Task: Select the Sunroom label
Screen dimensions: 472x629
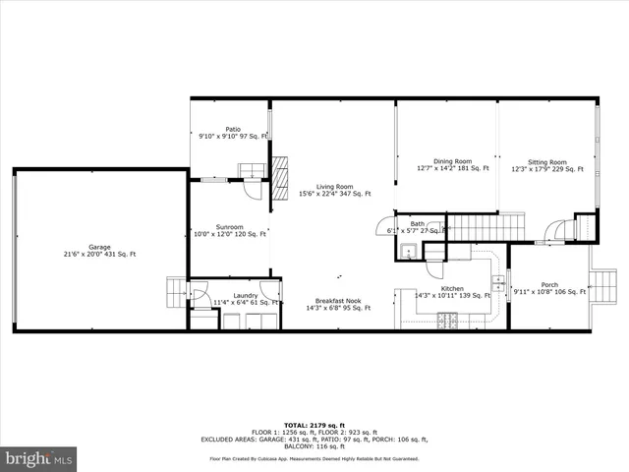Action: pyautogui.click(x=230, y=229)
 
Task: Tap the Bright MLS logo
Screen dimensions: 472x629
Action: pyautogui.click(x=39, y=458)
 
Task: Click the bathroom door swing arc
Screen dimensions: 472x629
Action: pyautogui.click(x=383, y=226)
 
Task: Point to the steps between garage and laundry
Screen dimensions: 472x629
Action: pyautogui.click(x=176, y=292)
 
